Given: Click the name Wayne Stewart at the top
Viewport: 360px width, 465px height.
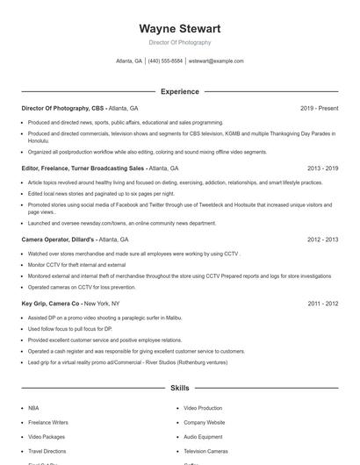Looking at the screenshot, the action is pyautogui.click(x=179, y=28).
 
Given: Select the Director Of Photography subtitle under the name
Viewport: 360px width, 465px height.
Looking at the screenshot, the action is pyautogui.click(x=179, y=42).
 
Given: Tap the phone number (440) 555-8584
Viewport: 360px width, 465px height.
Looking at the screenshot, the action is pyautogui.click(x=165, y=61).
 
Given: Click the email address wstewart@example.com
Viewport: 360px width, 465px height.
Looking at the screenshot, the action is pyautogui.click(x=216, y=61).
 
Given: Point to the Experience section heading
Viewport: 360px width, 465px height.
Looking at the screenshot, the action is pyautogui.click(x=179, y=91).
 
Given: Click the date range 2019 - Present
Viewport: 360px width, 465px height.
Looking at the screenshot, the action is pyautogui.click(x=319, y=108).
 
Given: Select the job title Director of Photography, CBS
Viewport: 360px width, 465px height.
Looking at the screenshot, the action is pyautogui.click(x=63, y=108).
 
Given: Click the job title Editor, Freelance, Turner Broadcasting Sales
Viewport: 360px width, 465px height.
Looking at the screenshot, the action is pyautogui.click(x=83, y=168).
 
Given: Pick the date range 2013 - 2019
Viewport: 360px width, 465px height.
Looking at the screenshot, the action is pyautogui.click(x=322, y=168).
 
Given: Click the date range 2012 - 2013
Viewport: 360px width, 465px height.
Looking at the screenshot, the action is pyautogui.click(x=322, y=239).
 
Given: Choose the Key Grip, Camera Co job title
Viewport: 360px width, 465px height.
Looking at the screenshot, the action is pyautogui.click(x=51, y=304).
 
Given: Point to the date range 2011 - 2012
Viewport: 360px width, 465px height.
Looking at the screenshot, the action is pyautogui.click(x=322, y=304).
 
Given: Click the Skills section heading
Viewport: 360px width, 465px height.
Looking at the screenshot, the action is pyautogui.click(x=179, y=387).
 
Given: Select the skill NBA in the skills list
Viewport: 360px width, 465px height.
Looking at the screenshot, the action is pyautogui.click(x=33, y=408).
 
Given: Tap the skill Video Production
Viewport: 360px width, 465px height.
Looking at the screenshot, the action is pyautogui.click(x=203, y=408).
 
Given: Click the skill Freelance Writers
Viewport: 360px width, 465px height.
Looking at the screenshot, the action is pyautogui.click(x=47, y=422).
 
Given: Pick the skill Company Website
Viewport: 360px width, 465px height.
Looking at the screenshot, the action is pyautogui.click(x=204, y=422).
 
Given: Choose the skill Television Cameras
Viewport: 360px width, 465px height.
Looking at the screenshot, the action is pyautogui.click(x=205, y=450).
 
